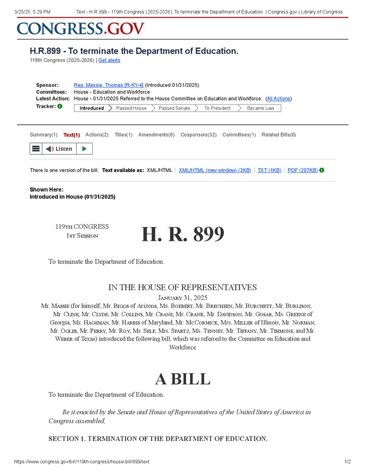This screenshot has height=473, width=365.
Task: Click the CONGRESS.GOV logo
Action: coord(80,28)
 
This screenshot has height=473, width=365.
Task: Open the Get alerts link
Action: coord(109,60)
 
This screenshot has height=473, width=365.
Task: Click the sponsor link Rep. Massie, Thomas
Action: coord(108,85)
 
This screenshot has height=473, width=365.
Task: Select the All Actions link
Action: coord(278,99)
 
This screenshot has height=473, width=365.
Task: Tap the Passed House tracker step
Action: coord(131,108)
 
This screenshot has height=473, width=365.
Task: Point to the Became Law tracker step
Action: coord(260,108)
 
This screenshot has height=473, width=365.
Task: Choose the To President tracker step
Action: coord(217,108)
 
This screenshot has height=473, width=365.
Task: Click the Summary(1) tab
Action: coord(44,135)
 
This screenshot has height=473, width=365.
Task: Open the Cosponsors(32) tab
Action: coord(198,135)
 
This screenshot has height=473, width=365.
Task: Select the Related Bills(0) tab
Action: coord(279,135)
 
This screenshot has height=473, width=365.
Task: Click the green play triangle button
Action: coord(84,149)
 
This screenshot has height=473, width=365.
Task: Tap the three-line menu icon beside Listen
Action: coord(36,149)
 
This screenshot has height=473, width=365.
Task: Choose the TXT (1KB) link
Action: coord(269,170)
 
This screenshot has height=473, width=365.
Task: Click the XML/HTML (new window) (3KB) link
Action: coord(215,170)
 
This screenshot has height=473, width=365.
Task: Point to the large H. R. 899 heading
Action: coord(182,235)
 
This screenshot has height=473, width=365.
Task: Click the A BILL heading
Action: coord(182,378)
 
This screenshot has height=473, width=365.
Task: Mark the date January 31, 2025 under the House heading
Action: coord(182,297)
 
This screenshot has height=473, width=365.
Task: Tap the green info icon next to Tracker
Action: coord(60,106)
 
